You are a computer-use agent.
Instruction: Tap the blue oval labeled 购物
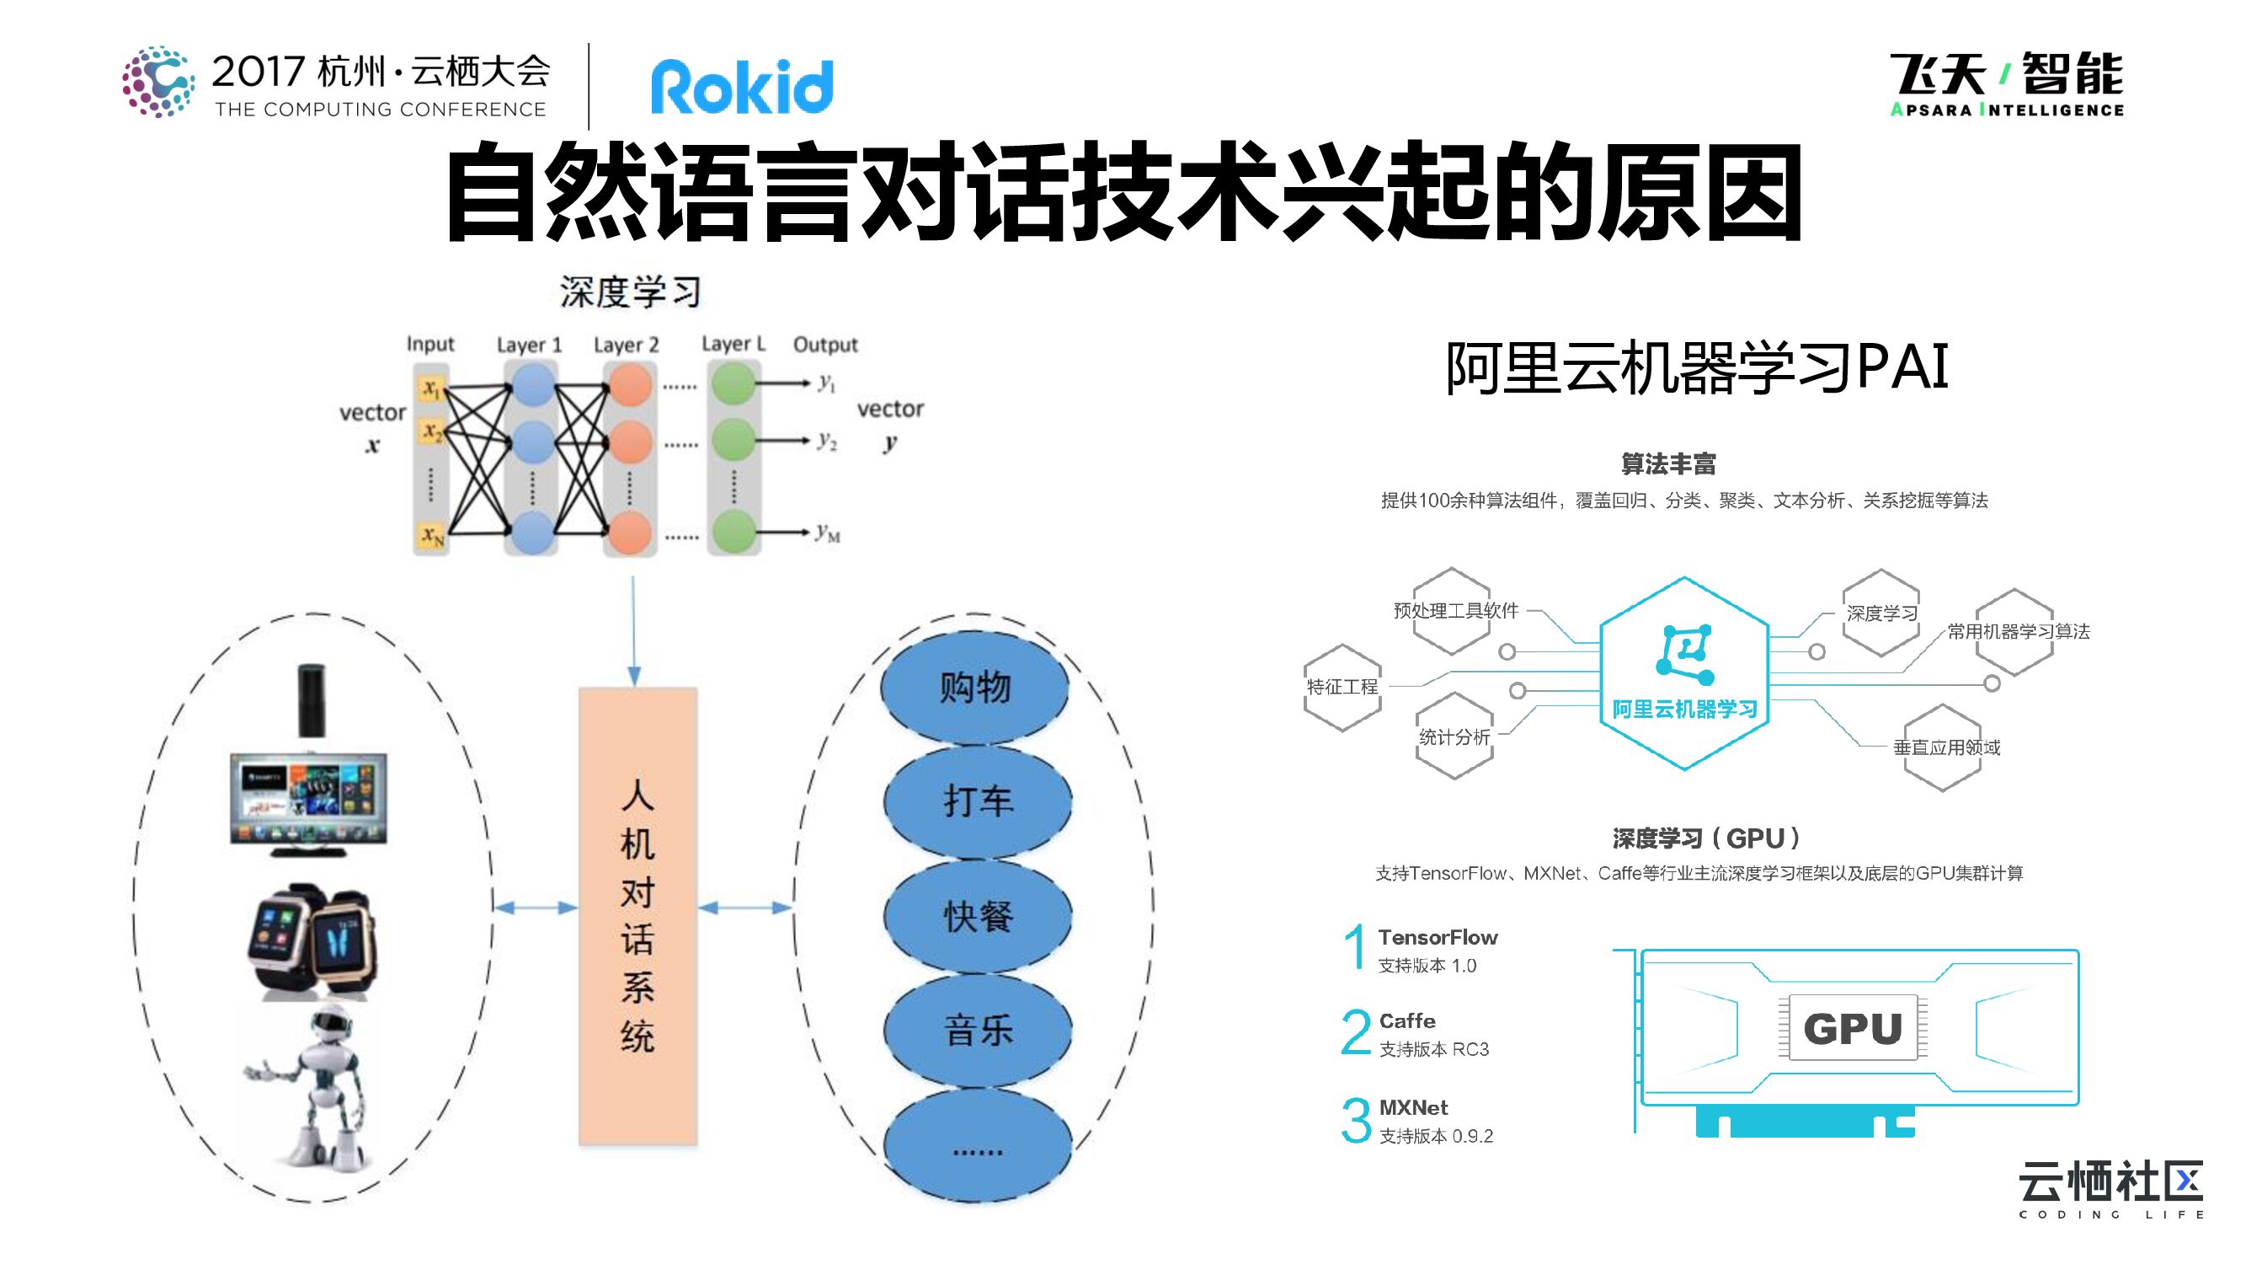974,688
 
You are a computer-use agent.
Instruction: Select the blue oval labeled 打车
978,801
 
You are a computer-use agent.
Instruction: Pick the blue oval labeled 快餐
978,916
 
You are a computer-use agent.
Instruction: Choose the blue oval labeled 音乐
978,1031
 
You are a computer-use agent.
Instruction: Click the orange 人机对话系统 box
638,916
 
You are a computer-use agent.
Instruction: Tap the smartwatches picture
311,942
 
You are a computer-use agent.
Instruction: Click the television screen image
309,803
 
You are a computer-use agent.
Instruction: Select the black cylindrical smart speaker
312,700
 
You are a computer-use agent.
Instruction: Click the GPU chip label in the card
1853,1027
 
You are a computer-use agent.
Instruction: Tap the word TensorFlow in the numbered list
1438,937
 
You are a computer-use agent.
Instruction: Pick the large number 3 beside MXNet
1356,1120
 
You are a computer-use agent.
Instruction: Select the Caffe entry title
1407,1020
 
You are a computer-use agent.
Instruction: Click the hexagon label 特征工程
1342,687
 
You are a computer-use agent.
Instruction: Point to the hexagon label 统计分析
1454,737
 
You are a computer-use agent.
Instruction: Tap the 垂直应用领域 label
1946,747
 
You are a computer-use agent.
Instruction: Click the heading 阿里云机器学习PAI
1697,367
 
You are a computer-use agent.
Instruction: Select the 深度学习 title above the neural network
631,292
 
